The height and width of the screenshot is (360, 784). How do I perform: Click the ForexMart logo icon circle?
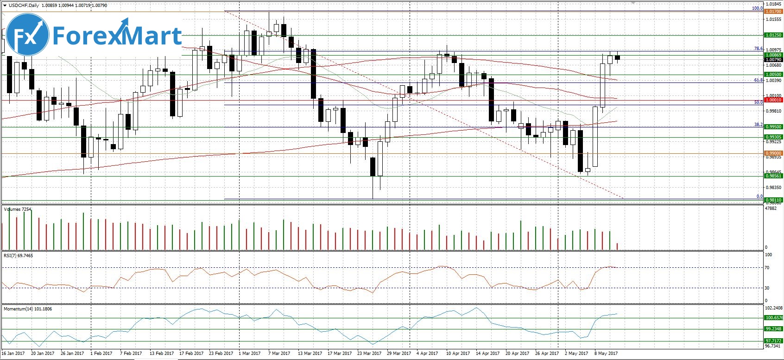coord(28,36)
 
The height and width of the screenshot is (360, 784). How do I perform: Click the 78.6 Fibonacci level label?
coord(758,49)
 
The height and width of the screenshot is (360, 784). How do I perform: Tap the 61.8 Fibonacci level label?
coord(758,80)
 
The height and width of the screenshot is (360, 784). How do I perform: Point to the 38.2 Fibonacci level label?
coord(758,125)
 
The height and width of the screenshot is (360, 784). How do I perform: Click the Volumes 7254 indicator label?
coord(18,209)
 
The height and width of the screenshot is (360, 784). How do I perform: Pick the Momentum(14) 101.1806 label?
coord(28,308)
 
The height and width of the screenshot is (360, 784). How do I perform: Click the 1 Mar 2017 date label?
coord(250,354)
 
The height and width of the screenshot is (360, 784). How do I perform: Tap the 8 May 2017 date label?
coord(606,354)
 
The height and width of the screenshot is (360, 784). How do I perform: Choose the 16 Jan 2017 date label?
coord(13,354)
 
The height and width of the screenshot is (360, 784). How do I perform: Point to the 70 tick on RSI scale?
coord(767,268)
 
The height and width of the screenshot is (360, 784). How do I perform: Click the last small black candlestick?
coord(617,57)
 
